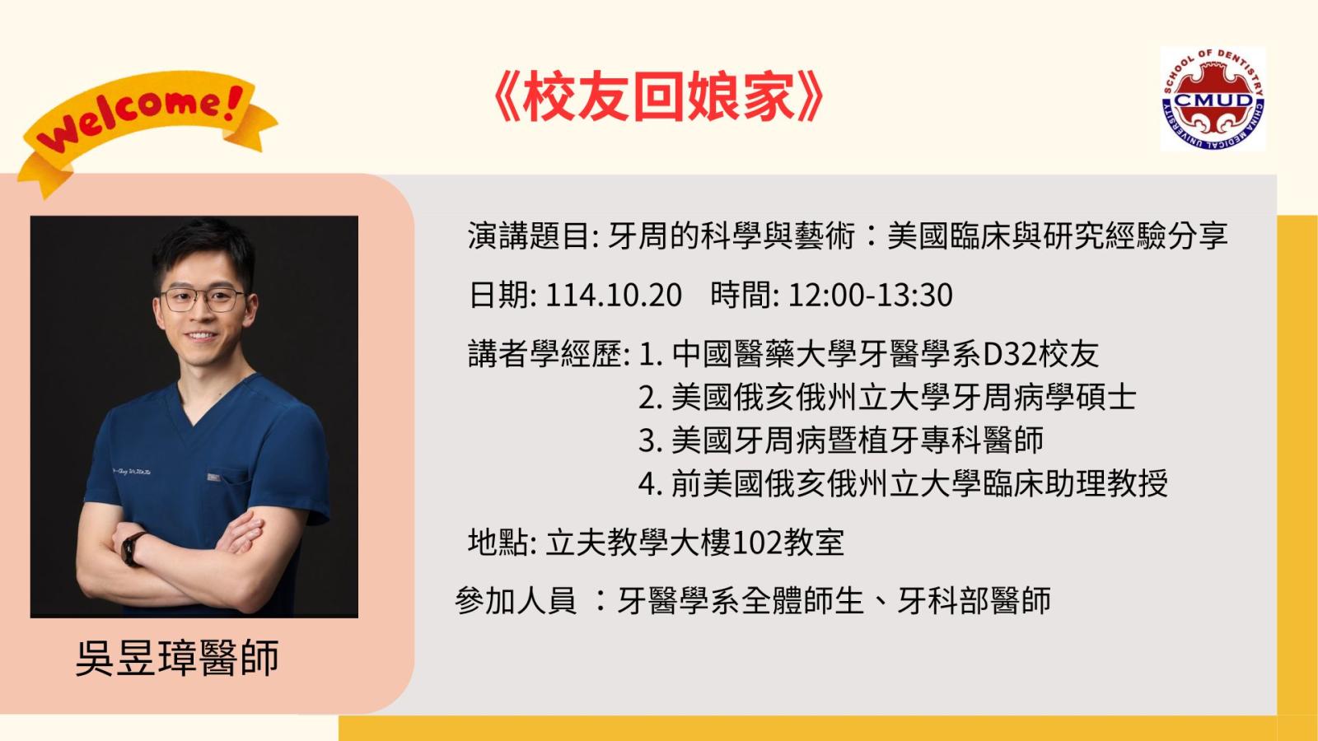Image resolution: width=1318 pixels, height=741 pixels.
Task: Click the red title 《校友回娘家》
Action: pyautogui.click(x=656, y=96)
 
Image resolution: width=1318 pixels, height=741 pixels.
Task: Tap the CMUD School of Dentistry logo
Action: pyautogui.click(x=1213, y=99)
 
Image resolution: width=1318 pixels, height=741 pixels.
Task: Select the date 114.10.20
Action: pyautogui.click(x=614, y=296)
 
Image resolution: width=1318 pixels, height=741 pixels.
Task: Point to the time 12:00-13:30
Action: pyautogui.click(x=870, y=296)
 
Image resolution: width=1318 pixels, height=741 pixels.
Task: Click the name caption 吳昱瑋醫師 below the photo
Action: pyautogui.click(x=177, y=658)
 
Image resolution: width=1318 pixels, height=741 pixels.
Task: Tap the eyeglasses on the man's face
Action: pyautogui.click(x=203, y=300)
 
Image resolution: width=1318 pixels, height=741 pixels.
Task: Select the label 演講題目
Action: pyautogui.click(x=530, y=235)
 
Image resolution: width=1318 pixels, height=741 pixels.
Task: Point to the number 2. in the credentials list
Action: pyautogui.click(x=651, y=398)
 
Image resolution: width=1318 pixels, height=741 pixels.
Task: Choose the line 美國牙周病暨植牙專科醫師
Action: pyautogui.click(x=858, y=440)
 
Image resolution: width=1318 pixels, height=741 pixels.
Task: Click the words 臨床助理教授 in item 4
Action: pyautogui.click(x=1074, y=483)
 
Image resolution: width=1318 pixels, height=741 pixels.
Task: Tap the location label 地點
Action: pyautogui.click(x=499, y=543)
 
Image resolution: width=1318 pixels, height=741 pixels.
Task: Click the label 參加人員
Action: pyautogui.click(x=516, y=600)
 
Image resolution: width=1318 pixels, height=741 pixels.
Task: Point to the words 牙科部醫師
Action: pyautogui.click(x=973, y=600)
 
